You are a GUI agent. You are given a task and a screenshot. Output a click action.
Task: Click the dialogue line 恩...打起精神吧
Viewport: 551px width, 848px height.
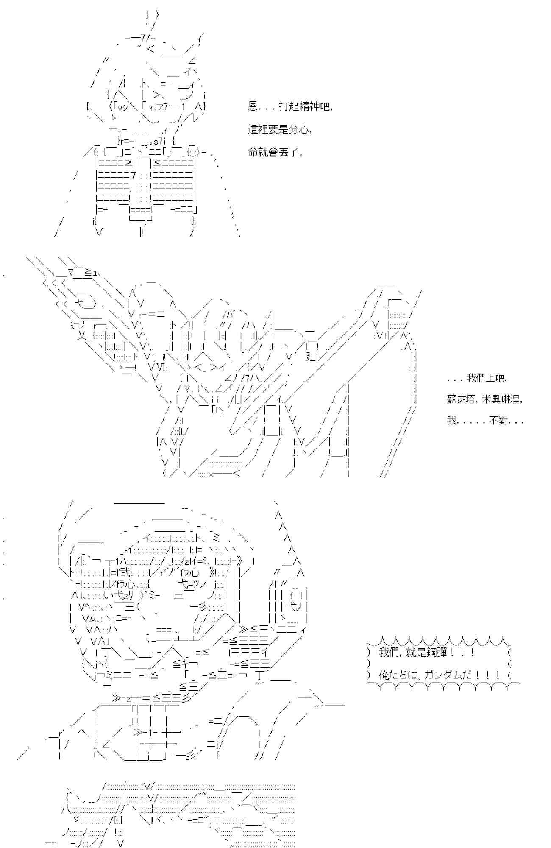pos(290,106)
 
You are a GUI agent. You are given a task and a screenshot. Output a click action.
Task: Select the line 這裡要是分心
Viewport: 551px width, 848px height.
pos(280,129)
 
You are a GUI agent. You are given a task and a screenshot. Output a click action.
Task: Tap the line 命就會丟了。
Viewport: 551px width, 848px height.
pos(275,152)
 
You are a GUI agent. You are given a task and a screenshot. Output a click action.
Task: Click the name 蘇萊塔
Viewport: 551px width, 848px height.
pos(461,399)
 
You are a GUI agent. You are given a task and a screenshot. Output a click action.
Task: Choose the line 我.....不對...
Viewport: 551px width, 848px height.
pos(485,421)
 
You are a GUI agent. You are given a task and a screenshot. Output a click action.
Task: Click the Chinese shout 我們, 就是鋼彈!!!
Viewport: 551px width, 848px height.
pos(426,653)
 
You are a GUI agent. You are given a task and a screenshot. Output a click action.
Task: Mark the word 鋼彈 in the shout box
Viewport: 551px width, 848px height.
pos(437,653)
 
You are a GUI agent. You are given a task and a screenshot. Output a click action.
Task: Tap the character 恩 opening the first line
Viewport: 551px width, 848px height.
pos(253,106)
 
